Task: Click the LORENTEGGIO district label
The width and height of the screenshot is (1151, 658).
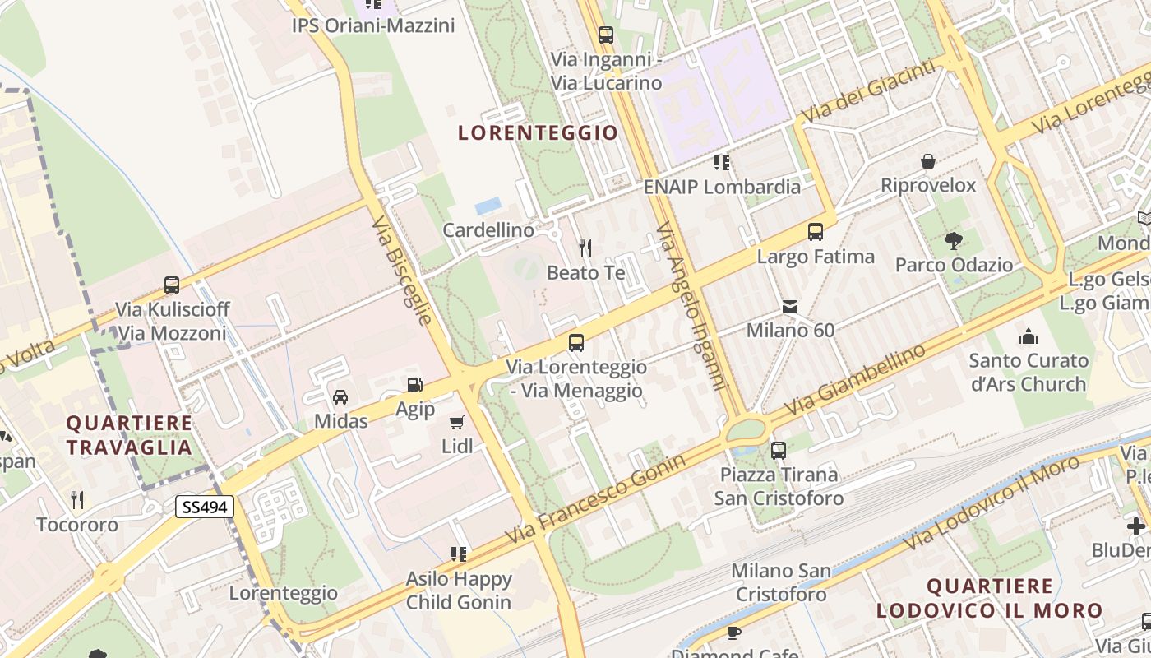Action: tap(538, 132)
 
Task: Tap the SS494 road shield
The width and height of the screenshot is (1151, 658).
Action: tap(205, 507)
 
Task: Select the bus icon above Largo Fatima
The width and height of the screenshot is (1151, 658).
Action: tap(816, 232)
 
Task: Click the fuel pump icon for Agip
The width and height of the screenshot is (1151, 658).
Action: tap(414, 385)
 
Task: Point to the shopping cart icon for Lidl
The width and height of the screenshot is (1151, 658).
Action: tap(457, 423)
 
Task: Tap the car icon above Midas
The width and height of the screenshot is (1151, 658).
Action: tap(340, 397)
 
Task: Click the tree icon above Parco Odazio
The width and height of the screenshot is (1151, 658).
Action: tap(954, 241)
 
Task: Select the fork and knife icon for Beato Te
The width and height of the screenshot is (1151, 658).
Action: tap(585, 248)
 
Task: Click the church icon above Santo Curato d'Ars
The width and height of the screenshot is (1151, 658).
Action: tap(1028, 336)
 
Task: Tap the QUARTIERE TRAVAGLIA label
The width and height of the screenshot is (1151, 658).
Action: tap(129, 435)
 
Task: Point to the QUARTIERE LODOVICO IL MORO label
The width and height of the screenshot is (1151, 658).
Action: tap(989, 598)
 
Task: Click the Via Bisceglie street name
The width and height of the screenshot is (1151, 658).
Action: tap(401, 271)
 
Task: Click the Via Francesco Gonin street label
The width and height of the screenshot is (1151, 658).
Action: tap(595, 498)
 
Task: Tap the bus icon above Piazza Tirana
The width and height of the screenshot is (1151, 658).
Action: tap(778, 451)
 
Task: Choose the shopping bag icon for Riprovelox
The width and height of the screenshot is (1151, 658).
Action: tap(928, 161)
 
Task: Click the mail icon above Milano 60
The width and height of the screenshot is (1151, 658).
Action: tap(790, 307)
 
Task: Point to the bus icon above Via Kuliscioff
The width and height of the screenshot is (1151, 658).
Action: tap(172, 285)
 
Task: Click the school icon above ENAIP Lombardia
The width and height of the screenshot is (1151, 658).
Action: tap(722, 163)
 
